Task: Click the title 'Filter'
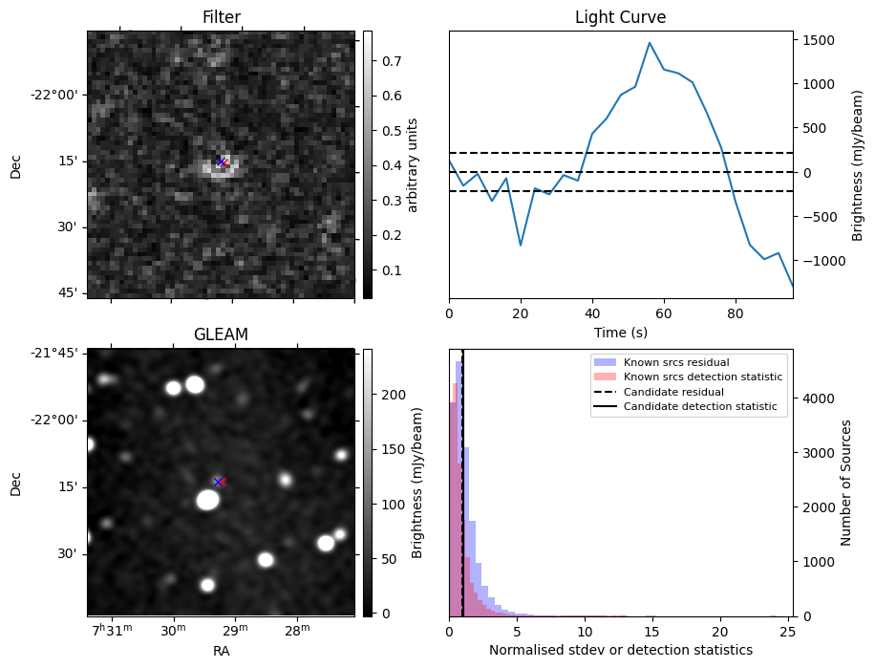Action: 222,17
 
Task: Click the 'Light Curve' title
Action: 620,17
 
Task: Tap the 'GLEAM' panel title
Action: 221,334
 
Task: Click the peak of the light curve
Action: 650,43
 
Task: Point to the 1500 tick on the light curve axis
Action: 821,40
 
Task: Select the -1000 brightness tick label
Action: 819,261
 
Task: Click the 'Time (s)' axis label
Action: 620,332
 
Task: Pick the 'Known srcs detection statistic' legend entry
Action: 703,377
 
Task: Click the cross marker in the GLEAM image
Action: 219,482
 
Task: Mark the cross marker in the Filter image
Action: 221,162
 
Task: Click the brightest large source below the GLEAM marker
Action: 208,500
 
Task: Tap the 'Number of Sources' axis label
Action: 846,483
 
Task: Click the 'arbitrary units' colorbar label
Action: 413,164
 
